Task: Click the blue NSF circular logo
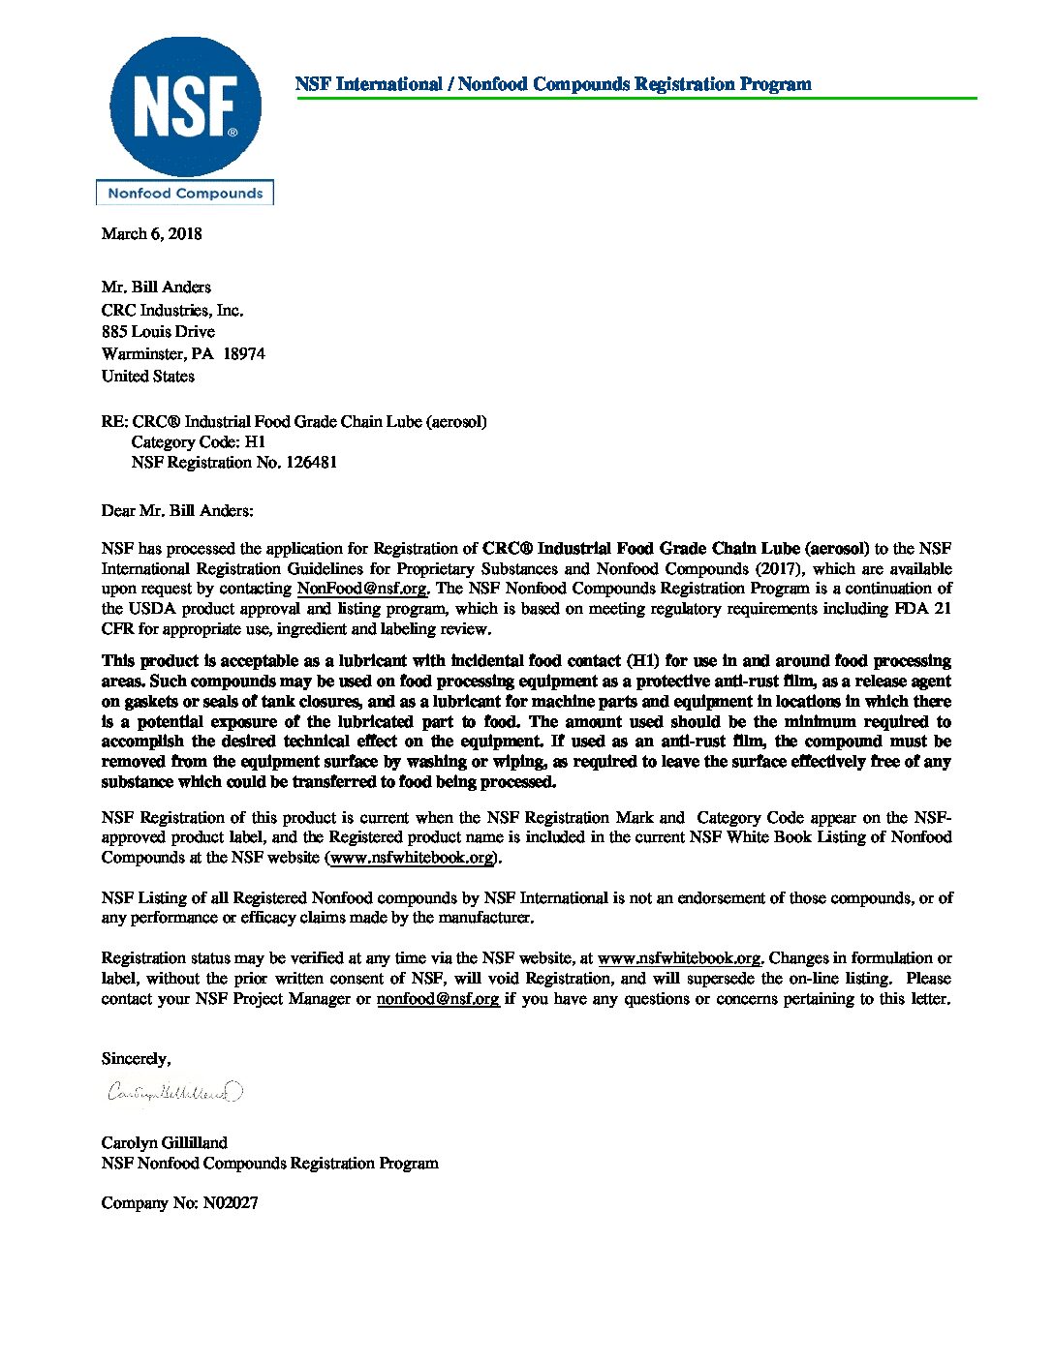pos(185,106)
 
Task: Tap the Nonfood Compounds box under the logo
pos(185,194)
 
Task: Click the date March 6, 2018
pos(152,234)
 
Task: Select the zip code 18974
pos(244,354)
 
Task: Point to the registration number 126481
pos(311,463)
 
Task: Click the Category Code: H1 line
pos(198,442)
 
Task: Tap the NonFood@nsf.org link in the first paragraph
pos(361,589)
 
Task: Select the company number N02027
pos(231,1203)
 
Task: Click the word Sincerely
pos(136,1059)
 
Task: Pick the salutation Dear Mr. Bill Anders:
pos(177,510)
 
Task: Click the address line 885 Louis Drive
pos(158,332)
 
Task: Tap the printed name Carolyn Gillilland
pos(165,1143)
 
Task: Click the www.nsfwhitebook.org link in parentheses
pos(413,858)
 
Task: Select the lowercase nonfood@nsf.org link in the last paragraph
pos(438,999)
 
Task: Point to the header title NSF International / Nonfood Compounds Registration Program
pos(553,84)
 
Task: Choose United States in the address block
pos(148,377)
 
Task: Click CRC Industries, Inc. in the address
pos(172,311)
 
